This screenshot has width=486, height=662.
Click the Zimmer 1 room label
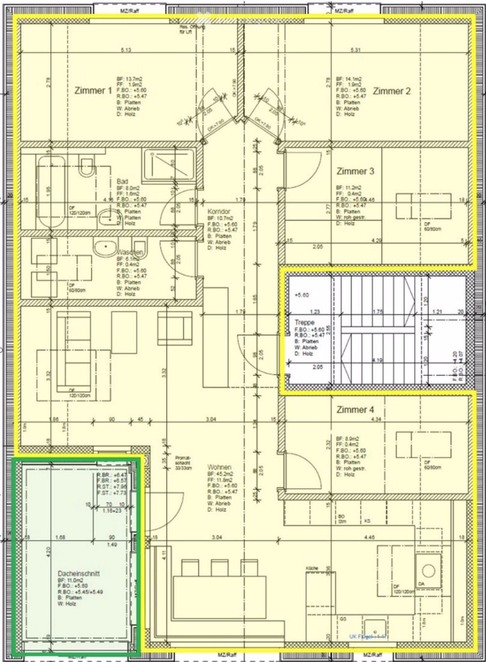coord(93,90)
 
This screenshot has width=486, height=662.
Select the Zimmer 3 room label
coord(355,171)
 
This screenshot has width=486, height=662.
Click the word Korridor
coord(219,212)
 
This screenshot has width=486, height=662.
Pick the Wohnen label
coord(219,467)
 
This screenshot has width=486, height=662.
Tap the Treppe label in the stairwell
coord(304,322)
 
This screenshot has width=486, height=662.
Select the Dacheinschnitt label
coord(78,574)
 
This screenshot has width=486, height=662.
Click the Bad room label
coord(122,181)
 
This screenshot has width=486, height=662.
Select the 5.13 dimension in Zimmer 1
coord(126,50)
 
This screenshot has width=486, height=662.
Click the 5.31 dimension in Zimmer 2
coord(356,50)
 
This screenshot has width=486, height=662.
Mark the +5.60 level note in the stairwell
coord(301,295)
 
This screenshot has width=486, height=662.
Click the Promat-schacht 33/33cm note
coord(184,463)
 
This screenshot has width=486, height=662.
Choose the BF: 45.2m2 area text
coord(221,473)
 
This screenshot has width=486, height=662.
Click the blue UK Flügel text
coord(367,636)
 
